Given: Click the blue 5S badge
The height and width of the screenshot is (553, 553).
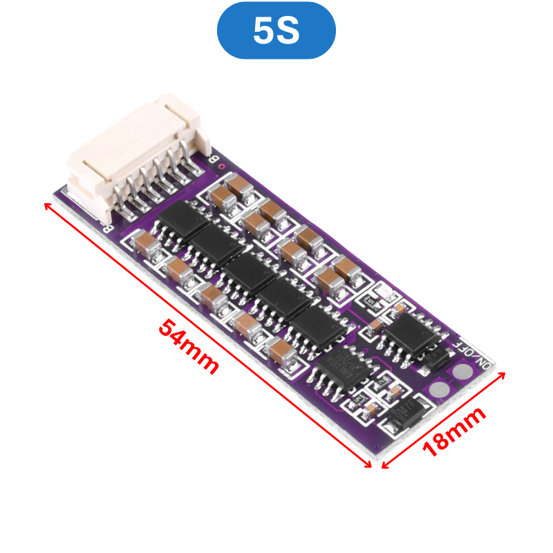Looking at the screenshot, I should (x=276, y=30).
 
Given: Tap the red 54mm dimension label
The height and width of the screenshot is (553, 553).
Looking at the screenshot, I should (x=188, y=346).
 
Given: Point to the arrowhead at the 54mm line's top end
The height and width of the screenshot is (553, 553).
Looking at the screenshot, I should (x=47, y=205).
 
